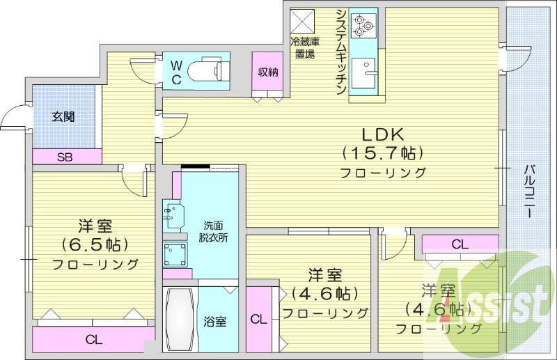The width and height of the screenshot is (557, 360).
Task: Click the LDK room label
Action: click(x=382, y=134)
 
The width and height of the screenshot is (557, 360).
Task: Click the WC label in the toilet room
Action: click(x=177, y=72)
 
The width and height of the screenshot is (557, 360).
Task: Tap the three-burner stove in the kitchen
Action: click(x=363, y=23)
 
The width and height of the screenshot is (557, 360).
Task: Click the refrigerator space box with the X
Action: click(x=303, y=19)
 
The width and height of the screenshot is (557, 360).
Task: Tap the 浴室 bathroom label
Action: click(x=214, y=322)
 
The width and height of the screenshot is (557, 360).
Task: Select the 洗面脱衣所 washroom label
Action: click(x=214, y=230)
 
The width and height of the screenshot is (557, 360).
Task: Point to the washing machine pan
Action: click(x=175, y=255)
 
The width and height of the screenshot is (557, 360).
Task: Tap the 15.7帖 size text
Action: click(x=382, y=152)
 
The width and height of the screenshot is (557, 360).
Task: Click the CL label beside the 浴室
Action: click(x=258, y=320)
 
